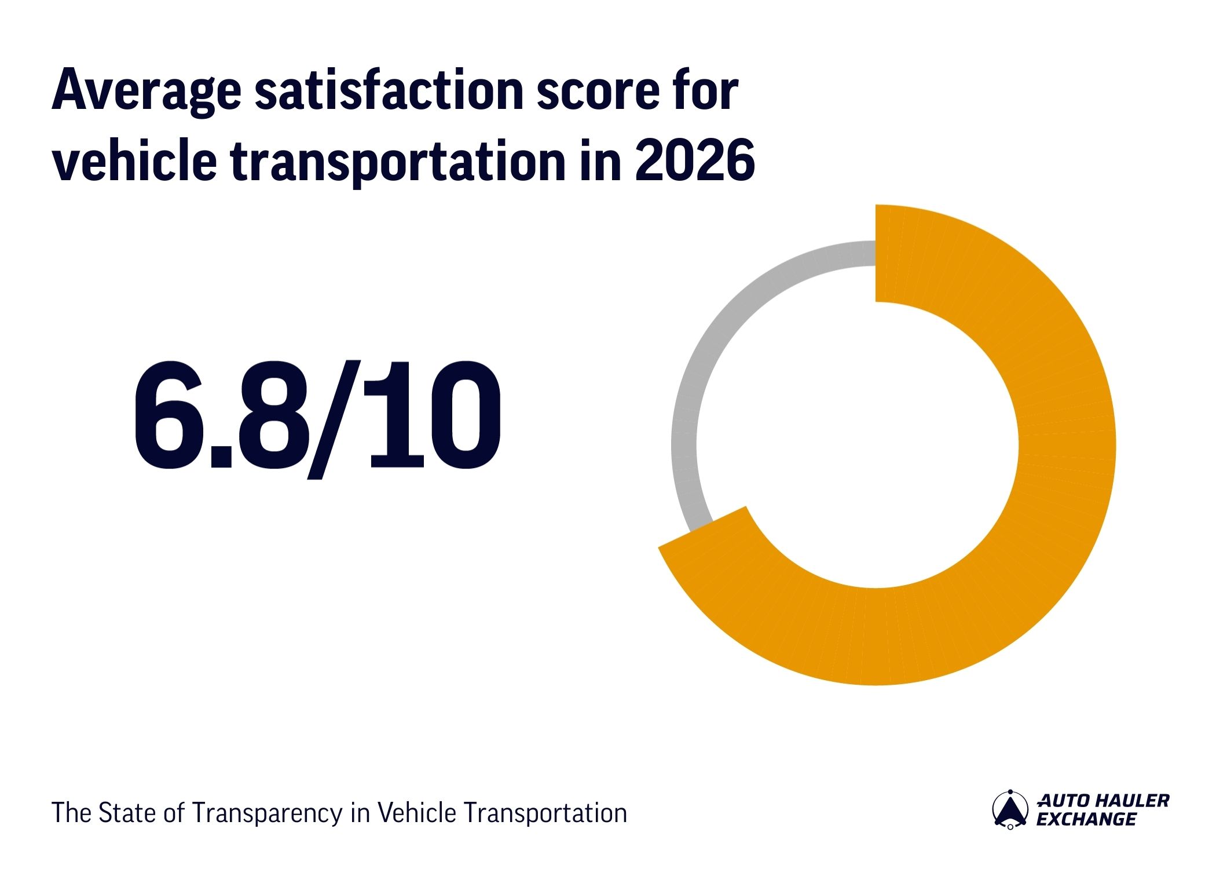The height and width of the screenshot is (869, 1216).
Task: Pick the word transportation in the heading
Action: tap(397, 162)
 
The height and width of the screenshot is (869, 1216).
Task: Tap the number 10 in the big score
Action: tap(434, 415)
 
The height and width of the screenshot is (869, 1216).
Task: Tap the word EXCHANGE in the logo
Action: tap(1086, 819)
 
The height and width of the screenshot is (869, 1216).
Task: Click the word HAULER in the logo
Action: tap(1134, 801)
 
